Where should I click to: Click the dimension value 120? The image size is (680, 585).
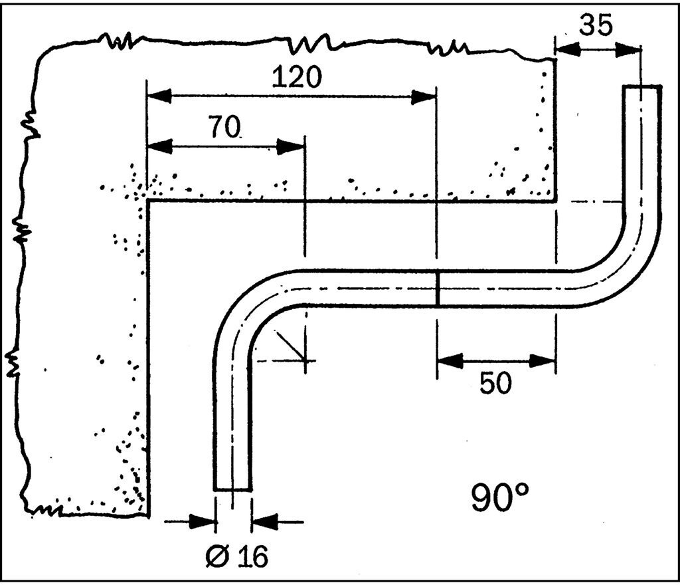tap(297, 78)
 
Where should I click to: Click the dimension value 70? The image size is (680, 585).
tap(224, 127)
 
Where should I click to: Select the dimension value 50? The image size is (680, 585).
tap(495, 383)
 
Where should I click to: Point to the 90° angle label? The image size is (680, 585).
tap(499, 498)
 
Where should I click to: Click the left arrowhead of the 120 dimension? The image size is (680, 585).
tap(159, 97)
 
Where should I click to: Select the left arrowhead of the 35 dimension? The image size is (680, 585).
tap(568, 49)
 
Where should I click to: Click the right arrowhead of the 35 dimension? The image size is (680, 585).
tap(628, 49)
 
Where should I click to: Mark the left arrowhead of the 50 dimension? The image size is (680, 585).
tap(450, 360)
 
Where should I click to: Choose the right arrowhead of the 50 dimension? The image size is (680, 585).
tap(543, 360)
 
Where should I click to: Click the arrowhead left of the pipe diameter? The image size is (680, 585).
tap(203, 521)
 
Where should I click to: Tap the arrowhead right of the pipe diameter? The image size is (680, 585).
tap(264, 521)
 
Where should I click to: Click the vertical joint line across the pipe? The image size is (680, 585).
tap(438, 288)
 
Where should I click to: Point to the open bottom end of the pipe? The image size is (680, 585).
tap(233, 489)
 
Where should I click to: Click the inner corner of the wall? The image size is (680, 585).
tap(148, 201)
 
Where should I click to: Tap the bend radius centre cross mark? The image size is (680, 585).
tap(305, 360)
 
